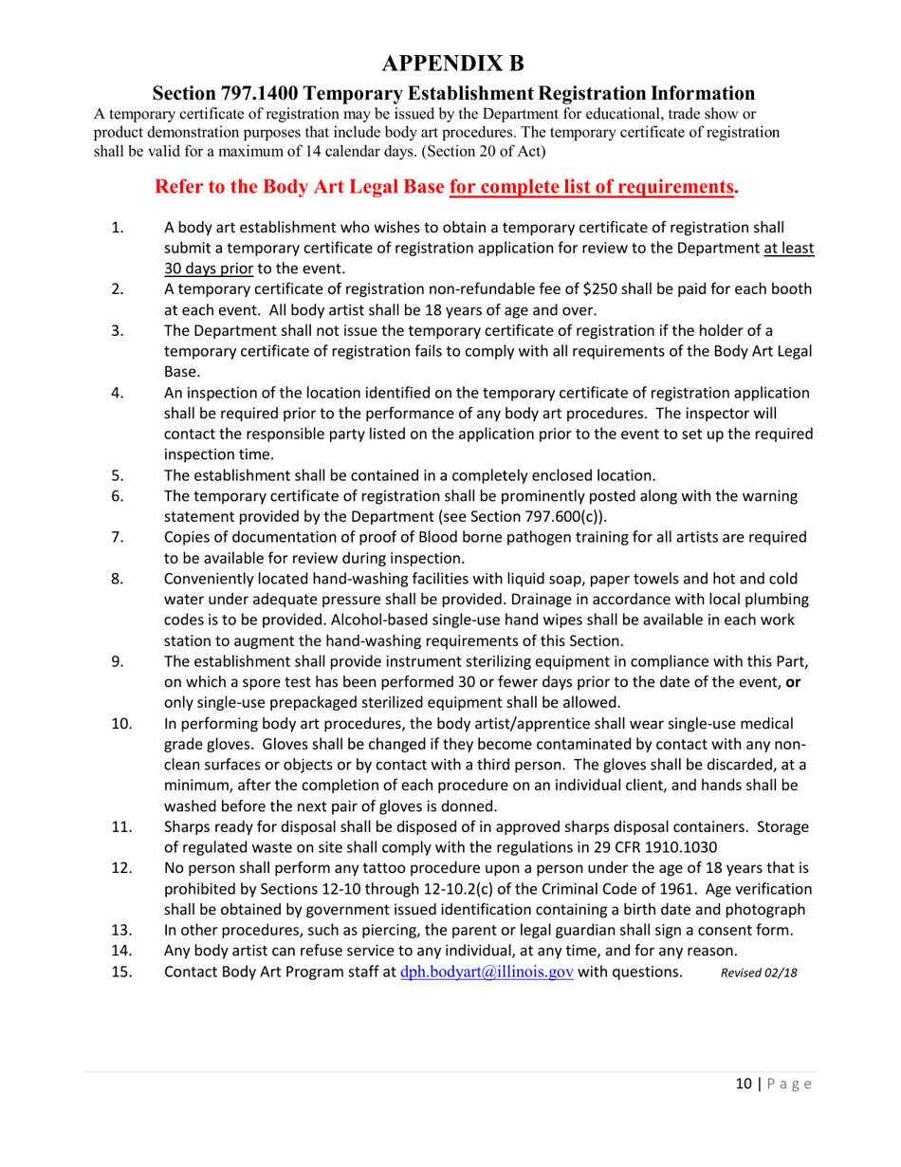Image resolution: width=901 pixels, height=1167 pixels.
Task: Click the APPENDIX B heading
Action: (450, 64)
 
